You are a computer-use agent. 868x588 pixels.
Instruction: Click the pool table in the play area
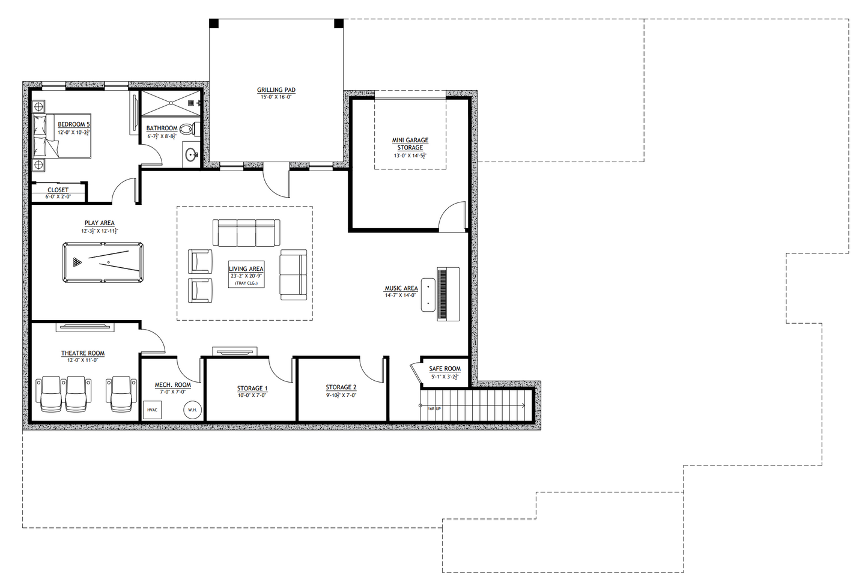103,262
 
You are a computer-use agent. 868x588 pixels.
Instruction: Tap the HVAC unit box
152,410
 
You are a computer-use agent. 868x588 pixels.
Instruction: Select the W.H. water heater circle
192,410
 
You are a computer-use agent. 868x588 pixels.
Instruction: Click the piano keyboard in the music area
443,294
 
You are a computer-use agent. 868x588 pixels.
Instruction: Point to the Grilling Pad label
276,90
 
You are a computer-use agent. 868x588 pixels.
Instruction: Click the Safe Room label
445,369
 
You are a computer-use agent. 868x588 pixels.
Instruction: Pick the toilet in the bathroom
187,128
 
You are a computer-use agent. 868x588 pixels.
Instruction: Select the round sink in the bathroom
192,156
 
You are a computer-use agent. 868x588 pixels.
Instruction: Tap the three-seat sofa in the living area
246,232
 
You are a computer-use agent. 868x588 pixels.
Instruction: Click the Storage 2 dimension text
341,395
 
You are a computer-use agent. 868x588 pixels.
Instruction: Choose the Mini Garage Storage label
410,144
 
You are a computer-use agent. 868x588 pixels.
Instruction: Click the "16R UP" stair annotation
434,409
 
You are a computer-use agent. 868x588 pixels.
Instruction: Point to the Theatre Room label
83,353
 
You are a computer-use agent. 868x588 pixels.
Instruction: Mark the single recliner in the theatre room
121,393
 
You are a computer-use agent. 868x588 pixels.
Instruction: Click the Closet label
58,190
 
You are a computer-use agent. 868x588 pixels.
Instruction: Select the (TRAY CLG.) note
246,283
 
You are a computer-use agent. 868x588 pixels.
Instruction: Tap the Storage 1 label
252,388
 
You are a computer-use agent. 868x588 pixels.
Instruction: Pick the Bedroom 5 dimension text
74,132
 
